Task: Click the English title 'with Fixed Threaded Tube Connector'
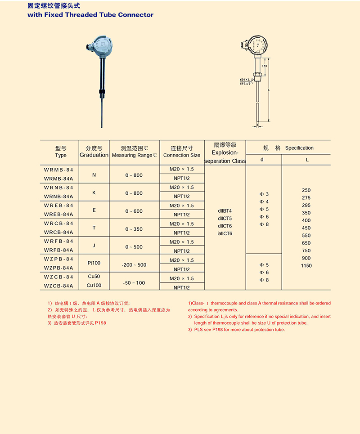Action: (x=90, y=15)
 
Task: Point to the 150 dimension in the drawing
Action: (x=264, y=66)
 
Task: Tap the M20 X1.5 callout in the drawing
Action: (x=246, y=80)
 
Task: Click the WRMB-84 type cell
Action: (x=59, y=170)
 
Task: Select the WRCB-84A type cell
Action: (x=59, y=233)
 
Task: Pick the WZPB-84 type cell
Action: (x=59, y=259)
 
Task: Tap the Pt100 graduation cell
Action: (x=94, y=263)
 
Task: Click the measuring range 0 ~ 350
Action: (x=134, y=229)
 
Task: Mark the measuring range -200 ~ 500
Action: (x=134, y=265)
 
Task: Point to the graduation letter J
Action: (x=94, y=246)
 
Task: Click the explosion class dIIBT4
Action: (x=225, y=211)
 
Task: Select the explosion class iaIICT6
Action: (x=225, y=233)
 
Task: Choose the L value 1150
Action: (x=306, y=266)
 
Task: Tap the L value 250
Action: (x=306, y=190)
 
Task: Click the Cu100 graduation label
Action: (x=94, y=285)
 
